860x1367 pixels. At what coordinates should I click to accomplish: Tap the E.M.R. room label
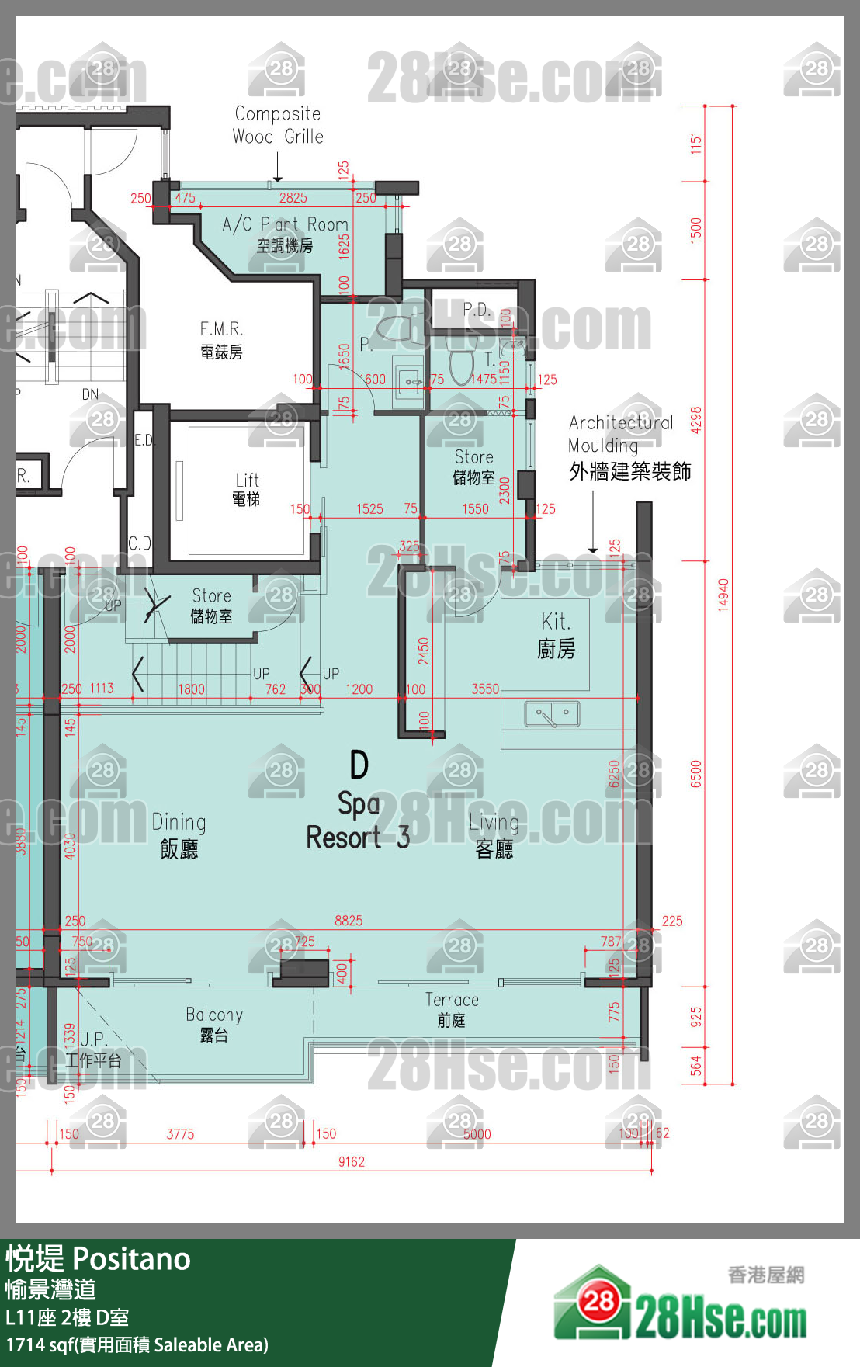click(x=221, y=340)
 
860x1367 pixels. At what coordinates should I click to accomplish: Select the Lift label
click(x=247, y=489)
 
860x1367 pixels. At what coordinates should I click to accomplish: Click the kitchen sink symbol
click(x=551, y=714)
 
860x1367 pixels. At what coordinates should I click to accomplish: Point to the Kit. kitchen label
click(x=556, y=634)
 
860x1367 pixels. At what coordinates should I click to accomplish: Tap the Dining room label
click(x=179, y=834)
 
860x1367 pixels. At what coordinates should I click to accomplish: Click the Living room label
click(x=494, y=835)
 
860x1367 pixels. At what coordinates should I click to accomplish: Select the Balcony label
click(x=214, y=1024)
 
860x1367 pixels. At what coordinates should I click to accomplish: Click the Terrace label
click(x=452, y=1009)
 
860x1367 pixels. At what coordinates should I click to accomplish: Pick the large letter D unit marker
click(x=359, y=765)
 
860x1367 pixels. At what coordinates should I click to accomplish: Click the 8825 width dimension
click(x=349, y=921)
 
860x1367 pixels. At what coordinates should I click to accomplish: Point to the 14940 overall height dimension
click(x=723, y=595)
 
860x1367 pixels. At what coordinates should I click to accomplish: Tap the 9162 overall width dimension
click(x=351, y=1161)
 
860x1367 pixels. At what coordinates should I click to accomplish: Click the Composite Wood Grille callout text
click(x=278, y=125)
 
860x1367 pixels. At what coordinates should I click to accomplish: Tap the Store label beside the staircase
click(x=211, y=605)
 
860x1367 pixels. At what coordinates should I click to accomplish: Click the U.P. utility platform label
click(x=93, y=1049)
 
